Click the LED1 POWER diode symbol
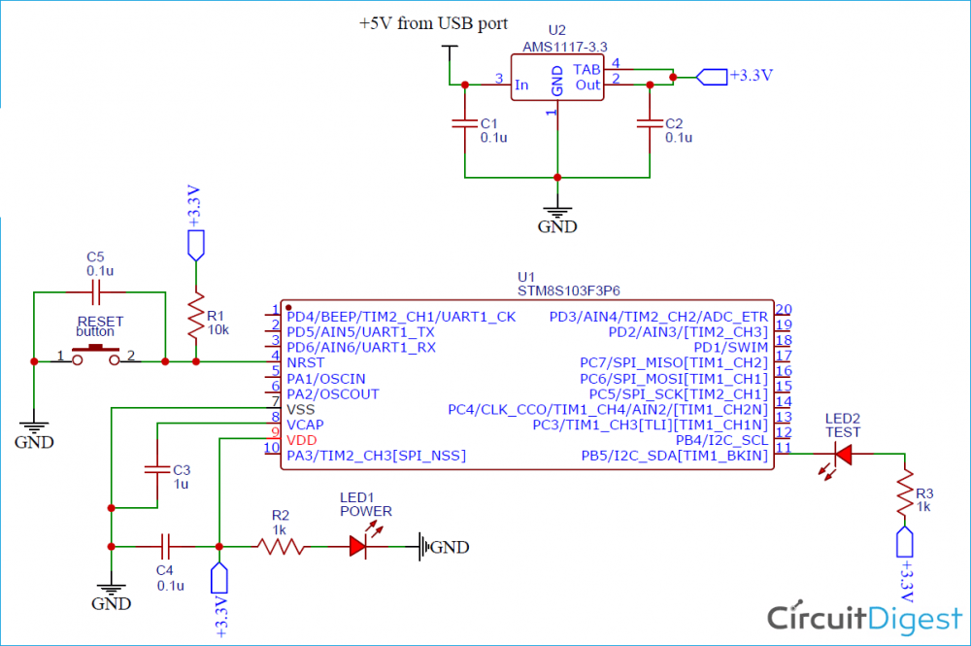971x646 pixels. pos(361,547)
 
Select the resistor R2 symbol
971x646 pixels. pos(280,547)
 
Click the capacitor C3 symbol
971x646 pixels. pos(156,469)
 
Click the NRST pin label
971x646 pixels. pos(307,362)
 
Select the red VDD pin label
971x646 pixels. pos(301,439)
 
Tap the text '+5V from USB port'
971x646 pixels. pos(433,23)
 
